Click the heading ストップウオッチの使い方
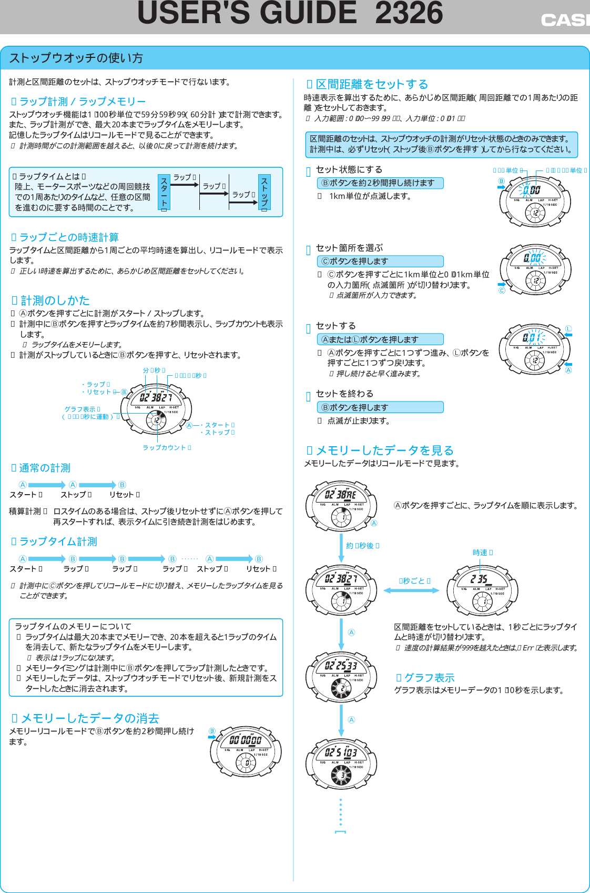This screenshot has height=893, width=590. tap(76, 58)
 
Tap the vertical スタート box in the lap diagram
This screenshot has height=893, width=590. tap(164, 193)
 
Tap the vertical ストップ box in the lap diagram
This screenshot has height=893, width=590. tap(264, 193)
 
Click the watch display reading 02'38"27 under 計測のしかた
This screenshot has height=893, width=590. tap(156, 397)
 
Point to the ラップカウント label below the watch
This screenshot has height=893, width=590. tap(166, 448)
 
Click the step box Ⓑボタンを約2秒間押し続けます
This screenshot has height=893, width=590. tap(380, 183)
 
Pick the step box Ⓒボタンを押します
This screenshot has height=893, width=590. tap(380, 262)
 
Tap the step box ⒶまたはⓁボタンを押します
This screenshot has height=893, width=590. tap(380, 340)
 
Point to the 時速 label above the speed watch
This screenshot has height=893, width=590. tap(482, 553)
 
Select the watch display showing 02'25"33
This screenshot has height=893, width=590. tap(341, 666)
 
